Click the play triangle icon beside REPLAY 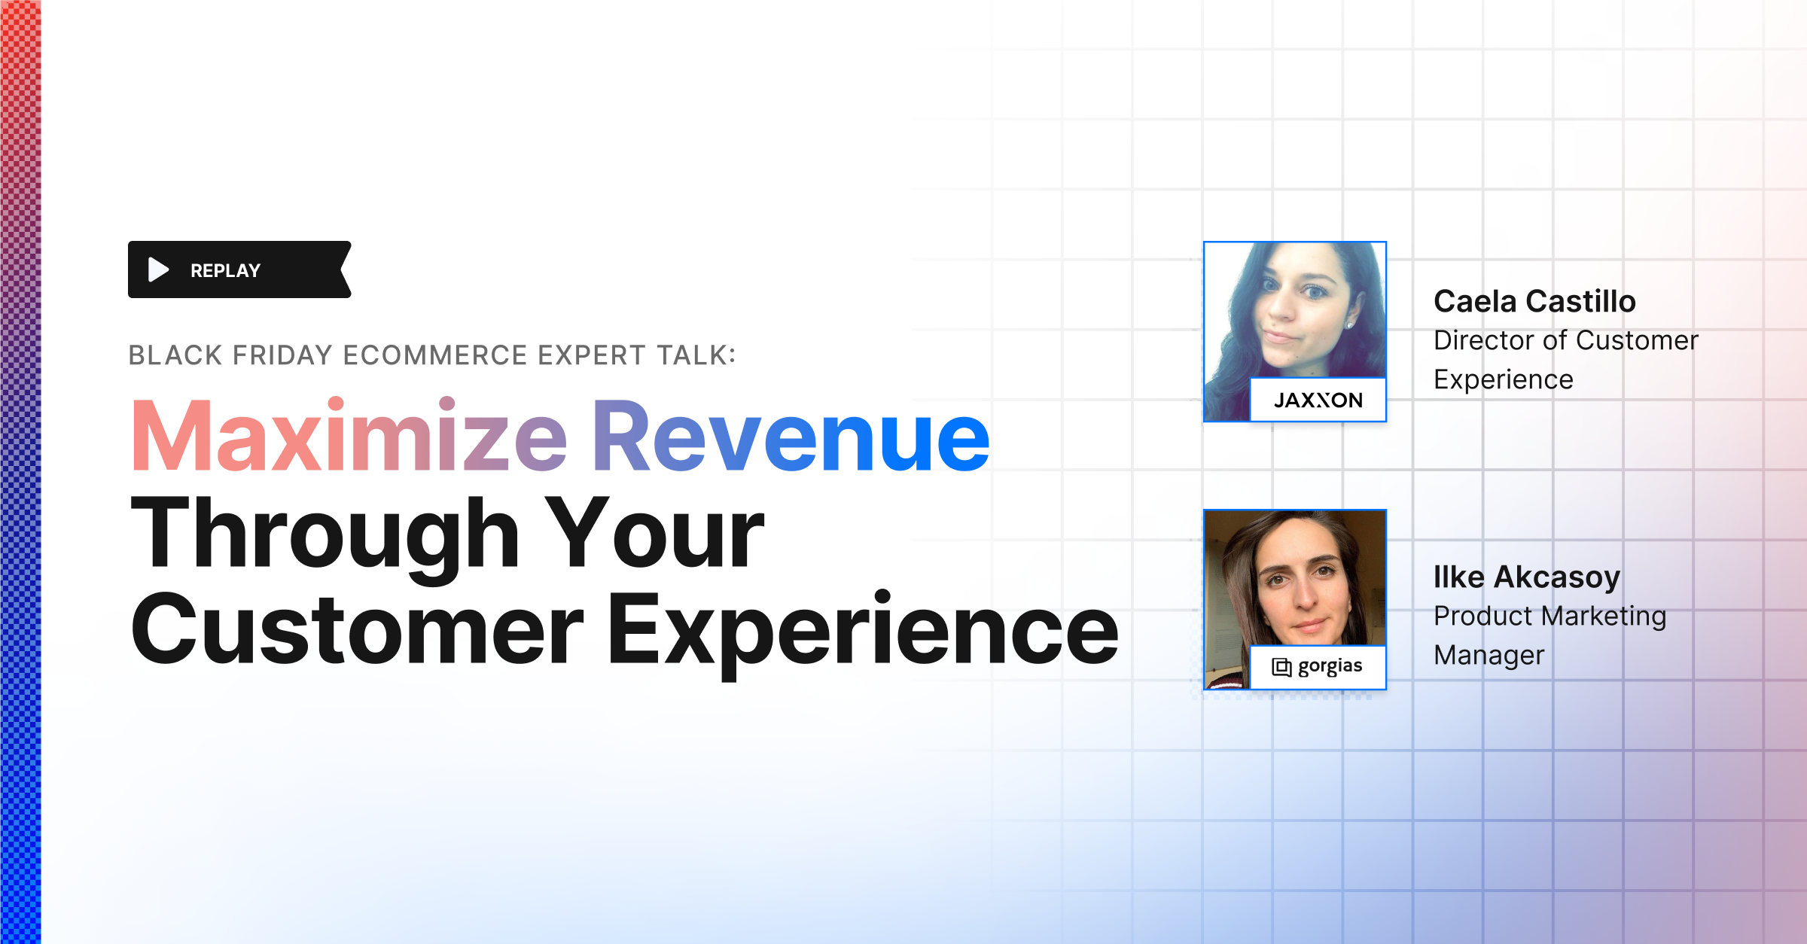pos(158,269)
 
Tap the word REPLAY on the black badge pos(225,270)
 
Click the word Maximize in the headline pos(349,437)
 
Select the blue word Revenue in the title pos(791,437)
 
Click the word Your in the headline pos(654,534)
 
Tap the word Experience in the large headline pos(863,631)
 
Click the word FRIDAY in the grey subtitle pos(282,355)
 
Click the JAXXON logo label pos(1318,400)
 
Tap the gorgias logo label pos(1318,666)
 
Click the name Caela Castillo pos(1534,301)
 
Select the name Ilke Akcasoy pos(1527,577)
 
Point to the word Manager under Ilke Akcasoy pos(1489,655)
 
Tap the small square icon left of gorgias pos(1281,667)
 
